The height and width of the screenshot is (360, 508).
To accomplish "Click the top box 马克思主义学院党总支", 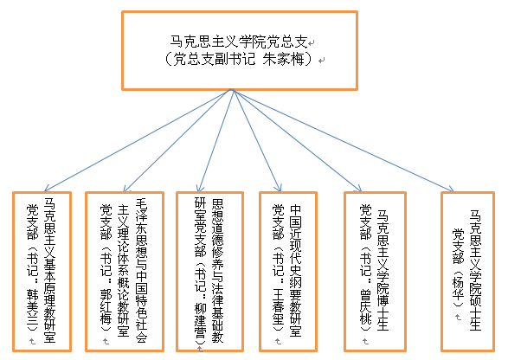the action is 240,51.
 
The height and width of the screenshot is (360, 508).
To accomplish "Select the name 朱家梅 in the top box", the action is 284,60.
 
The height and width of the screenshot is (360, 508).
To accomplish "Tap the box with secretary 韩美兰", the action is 42,272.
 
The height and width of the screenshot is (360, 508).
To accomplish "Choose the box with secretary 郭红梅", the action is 125,272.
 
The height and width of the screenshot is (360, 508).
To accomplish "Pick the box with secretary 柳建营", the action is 209,272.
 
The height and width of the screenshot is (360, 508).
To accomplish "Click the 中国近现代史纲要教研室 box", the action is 288,272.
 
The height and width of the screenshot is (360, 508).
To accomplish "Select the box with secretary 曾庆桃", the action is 375,272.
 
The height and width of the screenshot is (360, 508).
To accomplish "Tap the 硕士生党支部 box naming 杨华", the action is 467,272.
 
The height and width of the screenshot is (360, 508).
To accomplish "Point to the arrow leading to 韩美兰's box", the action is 138,140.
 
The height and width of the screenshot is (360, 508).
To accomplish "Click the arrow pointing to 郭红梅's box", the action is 178,140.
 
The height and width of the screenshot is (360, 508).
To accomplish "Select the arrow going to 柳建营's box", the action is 216,140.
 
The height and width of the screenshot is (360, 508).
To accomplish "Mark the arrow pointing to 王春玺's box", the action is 257,140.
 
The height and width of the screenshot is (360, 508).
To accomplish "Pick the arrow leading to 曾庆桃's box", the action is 297,140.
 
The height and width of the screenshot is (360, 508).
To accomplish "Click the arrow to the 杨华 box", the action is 343,140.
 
